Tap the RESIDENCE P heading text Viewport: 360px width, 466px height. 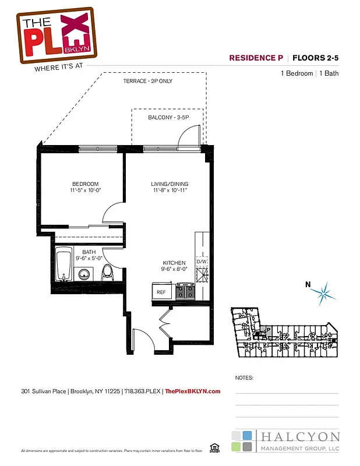[255, 58]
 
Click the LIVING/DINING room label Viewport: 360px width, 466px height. [170, 184]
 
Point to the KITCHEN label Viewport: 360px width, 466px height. [174, 263]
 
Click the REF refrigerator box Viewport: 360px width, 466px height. [162, 292]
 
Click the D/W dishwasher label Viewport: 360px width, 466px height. [202, 262]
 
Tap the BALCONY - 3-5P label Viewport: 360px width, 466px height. [167, 118]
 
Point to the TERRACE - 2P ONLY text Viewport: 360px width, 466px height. [147, 81]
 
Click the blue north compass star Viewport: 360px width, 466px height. [324, 292]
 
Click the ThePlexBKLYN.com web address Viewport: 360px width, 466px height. [193, 391]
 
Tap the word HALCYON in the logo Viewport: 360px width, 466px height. [298, 437]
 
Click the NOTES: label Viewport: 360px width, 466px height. [244, 377]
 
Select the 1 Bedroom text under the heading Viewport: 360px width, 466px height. [297, 73]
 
